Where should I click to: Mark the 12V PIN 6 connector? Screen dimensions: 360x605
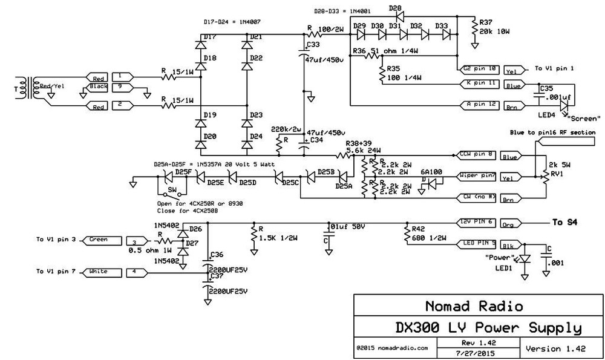click(479, 222)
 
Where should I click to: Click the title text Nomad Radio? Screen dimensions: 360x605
click(466, 306)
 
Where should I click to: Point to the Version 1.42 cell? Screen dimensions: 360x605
click(554, 349)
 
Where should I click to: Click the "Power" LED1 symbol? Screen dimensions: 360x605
click(525, 258)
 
